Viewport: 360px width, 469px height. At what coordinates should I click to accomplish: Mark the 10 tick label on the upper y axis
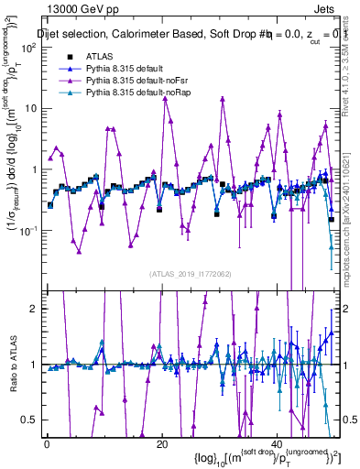tap(29, 108)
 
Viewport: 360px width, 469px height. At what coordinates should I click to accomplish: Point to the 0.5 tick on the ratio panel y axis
tap(30, 420)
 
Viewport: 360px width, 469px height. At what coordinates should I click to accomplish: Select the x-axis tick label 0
tap(47, 443)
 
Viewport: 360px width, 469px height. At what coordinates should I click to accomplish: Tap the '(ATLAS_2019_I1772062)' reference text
tap(191, 274)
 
